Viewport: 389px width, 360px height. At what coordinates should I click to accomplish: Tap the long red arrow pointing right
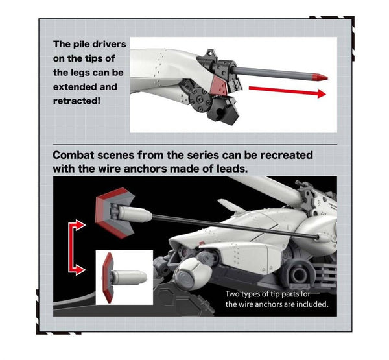[287, 91]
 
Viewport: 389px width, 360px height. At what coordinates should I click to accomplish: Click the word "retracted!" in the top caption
[77, 101]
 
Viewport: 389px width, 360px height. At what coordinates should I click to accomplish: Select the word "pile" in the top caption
[80, 44]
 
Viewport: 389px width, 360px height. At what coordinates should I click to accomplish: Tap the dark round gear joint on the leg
[200, 100]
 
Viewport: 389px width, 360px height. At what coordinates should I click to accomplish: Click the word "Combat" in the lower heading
[73, 156]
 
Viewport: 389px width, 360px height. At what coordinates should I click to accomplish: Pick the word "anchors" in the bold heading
[145, 169]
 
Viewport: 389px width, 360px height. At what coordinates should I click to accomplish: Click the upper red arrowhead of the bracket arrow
[80, 225]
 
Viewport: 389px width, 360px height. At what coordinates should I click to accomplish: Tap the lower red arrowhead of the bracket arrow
[80, 270]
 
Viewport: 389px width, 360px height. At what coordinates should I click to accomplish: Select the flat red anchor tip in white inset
[108, 278]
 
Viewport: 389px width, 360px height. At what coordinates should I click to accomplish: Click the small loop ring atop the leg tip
[210, 53]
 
